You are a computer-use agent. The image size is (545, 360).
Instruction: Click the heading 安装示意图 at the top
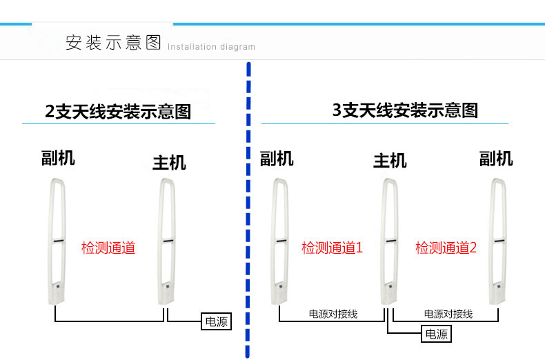coord(113,43)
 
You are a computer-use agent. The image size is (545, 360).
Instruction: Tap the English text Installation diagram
coord(211,48)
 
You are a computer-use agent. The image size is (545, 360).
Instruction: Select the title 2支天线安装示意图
coord(118,112)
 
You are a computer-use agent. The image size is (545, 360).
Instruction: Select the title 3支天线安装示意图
coord(405,110)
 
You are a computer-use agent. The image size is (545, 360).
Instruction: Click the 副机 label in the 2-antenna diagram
coord(58,159)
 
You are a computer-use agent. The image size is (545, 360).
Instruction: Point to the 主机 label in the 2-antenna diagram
coord(169,163)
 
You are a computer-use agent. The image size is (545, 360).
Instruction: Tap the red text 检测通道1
coord(332,248)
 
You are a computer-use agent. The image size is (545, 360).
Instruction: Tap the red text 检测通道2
coord(446,248)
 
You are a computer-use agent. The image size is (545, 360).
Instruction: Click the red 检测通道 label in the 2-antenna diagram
coord(108,248)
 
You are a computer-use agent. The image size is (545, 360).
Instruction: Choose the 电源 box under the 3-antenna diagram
coord(436,335)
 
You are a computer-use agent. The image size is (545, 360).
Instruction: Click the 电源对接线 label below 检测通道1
coord(333,314)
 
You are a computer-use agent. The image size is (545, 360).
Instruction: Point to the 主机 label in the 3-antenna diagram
coord(390,161)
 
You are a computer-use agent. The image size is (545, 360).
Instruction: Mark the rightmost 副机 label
coord(496,159)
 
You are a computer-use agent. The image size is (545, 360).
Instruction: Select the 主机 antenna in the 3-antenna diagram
coord(389,241)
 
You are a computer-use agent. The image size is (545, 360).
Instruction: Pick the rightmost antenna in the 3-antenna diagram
coord(497,241)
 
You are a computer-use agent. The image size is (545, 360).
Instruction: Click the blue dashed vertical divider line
coord(248,207)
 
